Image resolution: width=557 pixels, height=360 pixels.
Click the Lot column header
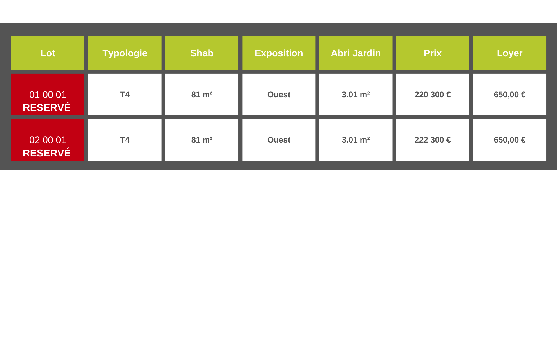coord(48,53)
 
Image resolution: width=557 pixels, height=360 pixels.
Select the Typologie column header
coord(125,53)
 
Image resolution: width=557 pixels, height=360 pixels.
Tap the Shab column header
coord(202,53)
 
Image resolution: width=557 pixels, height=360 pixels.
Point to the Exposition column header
coord(279,53)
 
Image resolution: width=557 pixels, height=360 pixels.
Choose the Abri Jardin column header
coord(356,53)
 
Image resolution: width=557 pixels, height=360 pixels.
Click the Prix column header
coord(433,53)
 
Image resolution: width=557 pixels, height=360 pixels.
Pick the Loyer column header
coord(510,53)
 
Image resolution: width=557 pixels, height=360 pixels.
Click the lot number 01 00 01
coord(48,95)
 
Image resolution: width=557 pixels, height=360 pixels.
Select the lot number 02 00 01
coord(48,140)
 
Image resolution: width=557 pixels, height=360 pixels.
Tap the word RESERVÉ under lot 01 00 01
coord(47,107)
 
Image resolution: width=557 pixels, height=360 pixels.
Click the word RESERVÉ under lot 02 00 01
coord(47,153)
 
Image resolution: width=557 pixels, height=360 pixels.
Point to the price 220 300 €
coord(433,95)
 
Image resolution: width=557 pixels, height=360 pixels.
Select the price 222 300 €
coord(433,140)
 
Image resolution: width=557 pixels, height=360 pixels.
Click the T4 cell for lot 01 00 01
coord(125,95)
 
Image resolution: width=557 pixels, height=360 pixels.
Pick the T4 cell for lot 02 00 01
coord(125,140)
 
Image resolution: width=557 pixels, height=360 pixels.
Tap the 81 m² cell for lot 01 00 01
coord(202,95)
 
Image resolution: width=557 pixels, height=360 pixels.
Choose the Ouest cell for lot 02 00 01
coord(279,140)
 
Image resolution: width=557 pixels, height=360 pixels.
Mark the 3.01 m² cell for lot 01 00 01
coord(356,95)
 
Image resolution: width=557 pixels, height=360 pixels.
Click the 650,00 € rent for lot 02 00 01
coord(510,140)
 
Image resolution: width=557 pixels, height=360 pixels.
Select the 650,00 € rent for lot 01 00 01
coord(510,95)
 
